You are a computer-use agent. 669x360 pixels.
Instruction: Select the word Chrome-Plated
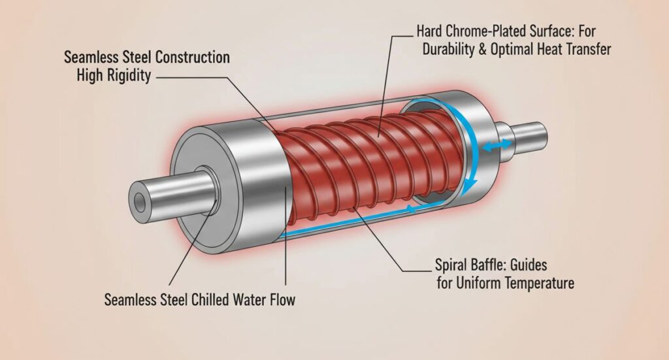pyautogui.click(x=480, y=31)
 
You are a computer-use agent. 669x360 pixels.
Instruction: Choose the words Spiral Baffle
pyautogui.click(x=468, y=266)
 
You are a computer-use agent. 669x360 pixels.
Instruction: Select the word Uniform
pyautogui.click(x=471, y=284)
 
